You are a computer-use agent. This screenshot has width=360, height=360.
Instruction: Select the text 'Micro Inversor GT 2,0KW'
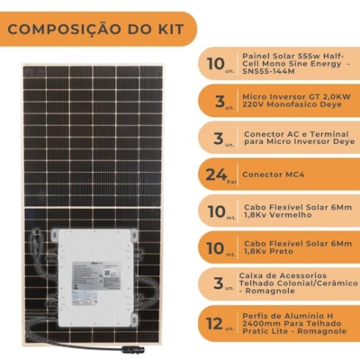click(x=286, y=94)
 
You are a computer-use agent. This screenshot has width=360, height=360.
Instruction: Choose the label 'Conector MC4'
click(x=272, y=174)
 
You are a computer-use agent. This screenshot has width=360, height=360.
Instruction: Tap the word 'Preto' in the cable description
click(x=281, y=253)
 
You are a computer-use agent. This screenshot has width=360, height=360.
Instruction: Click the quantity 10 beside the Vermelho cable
click(x=215, y=211)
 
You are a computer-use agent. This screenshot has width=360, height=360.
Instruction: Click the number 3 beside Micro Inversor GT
click(x=215, y=100)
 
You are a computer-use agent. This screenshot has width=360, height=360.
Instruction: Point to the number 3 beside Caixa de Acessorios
click(x=215, y=285)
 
